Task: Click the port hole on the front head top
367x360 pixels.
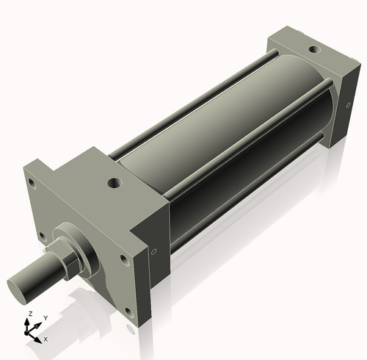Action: pyautogui.click(x=115, y=181)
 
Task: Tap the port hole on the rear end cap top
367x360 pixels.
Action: pyautogui.click(x=313, y=50)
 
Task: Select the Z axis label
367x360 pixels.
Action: pyautogui.click(x=29, y=314)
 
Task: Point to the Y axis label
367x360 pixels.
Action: pyautogui.click(x=45, y=318)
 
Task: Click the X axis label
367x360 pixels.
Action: pyautogui.click(x=45, y=339)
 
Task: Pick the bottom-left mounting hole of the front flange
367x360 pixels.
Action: pyautogui.click(x=42, y=237)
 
